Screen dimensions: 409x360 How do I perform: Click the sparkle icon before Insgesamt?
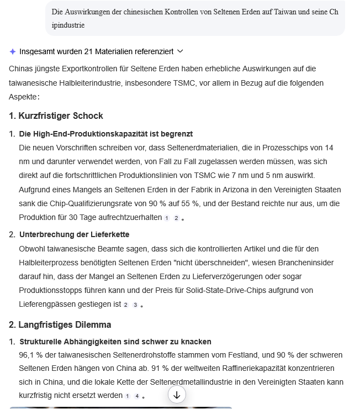[13, 51]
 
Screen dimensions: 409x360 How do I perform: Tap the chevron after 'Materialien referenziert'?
[180, 51]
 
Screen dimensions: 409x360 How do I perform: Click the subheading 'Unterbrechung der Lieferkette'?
[74, 234]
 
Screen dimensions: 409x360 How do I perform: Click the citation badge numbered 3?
[135, 305]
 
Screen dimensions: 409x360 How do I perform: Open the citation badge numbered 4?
[137, 396]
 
